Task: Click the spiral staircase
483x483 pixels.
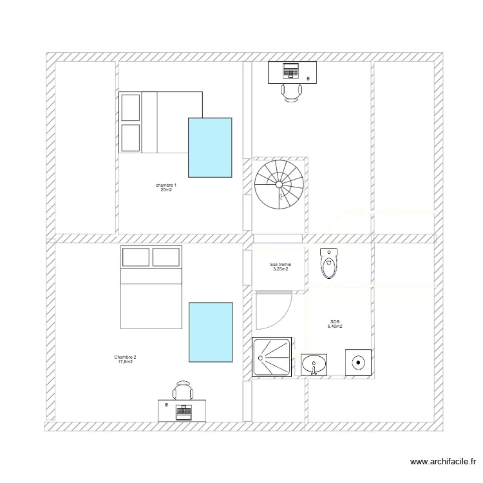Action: [279, 184]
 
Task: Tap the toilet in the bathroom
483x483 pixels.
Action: [328, 263]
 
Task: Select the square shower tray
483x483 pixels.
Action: [271, 356]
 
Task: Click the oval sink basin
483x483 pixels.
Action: [314, 364]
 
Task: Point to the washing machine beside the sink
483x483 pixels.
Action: [358, 363]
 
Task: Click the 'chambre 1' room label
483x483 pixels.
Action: [166, 185]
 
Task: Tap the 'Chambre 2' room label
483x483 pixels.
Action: [125, 357]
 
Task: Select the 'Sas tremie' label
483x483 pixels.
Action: [280, 265]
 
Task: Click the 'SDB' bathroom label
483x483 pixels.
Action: [335, 321]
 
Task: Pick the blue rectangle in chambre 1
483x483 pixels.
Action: [210, 147]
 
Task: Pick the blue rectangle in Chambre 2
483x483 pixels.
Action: [210, 332]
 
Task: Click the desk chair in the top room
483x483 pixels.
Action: [292, 93]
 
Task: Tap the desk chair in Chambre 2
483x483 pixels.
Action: [183, 391]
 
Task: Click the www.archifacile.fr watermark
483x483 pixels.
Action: [442, 462]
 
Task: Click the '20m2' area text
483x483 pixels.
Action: [166, 191]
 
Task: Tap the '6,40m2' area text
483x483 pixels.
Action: [335, 327]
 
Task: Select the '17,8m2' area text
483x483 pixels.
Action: [125, 363]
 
